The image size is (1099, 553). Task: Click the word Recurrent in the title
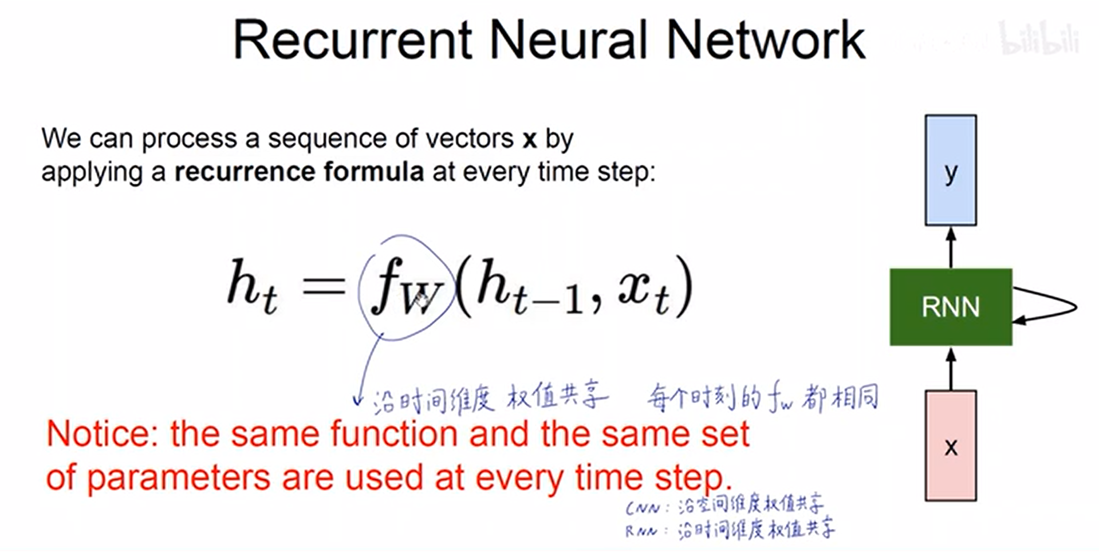352,40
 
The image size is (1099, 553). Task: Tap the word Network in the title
766,40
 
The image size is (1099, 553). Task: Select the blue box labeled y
951,170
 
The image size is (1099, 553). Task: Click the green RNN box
951,307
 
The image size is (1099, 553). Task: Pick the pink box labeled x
951,446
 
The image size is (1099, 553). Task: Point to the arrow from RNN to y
951,247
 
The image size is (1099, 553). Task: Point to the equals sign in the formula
324,285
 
